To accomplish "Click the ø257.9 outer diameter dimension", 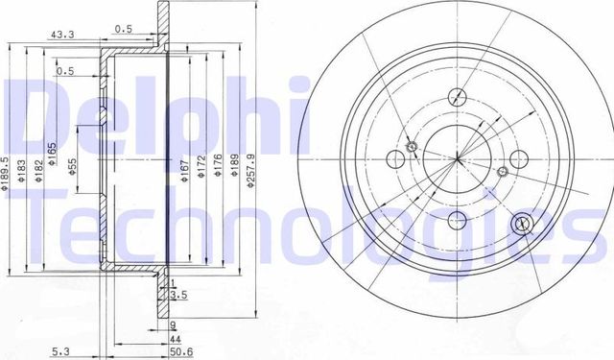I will click(x=252, y=171).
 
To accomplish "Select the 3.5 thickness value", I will click(x=179, y=296).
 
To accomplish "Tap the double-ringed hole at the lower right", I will click(x=523, y=224).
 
